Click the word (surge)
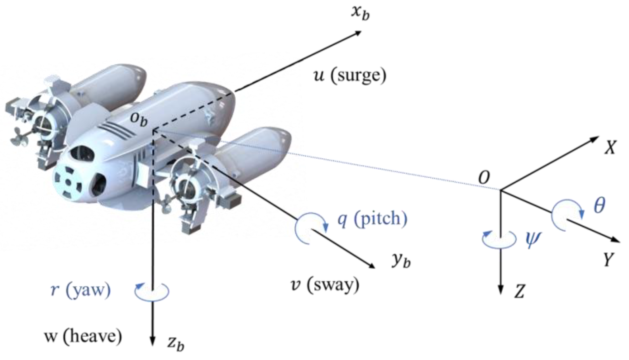pyautogui.click(x=358, y=75)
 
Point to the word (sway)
pyautogui.click(x=333, y=285)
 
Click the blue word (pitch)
pyautogui.click(x=381, y=219)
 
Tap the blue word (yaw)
pyautogui.click(x=88, y=290)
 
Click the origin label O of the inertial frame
pyautogui.click(x=484, y=177)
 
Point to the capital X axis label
pyautogui.click(x=610, y=147)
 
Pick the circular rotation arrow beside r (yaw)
pyautogui.click(x=152, y=292)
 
